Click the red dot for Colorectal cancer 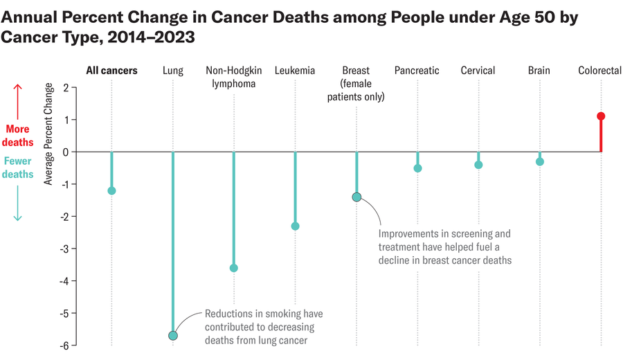click(601, 116)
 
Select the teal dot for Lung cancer click(172, 336)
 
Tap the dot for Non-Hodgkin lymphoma click(234, 268)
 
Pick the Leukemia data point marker click(295, 226)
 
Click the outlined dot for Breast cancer click(356, 197)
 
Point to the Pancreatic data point click(417, 168)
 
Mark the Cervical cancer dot click(478, 165)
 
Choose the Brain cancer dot click(540, 162)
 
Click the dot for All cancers click(111, 191)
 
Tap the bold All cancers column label click(111, 71)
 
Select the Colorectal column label click(599, 71)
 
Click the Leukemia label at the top click(295, 71)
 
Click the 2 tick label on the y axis click(65, 87)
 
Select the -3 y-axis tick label click(63, 249)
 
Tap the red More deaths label click(18, 136)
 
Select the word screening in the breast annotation click(469, 234)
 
